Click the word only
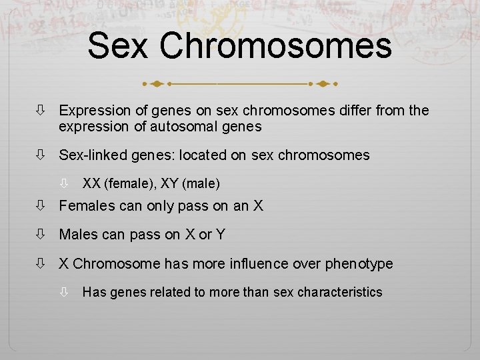tap(158, 206)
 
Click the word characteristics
tap(340, 292)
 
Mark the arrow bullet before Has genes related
tap(65, 292)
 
